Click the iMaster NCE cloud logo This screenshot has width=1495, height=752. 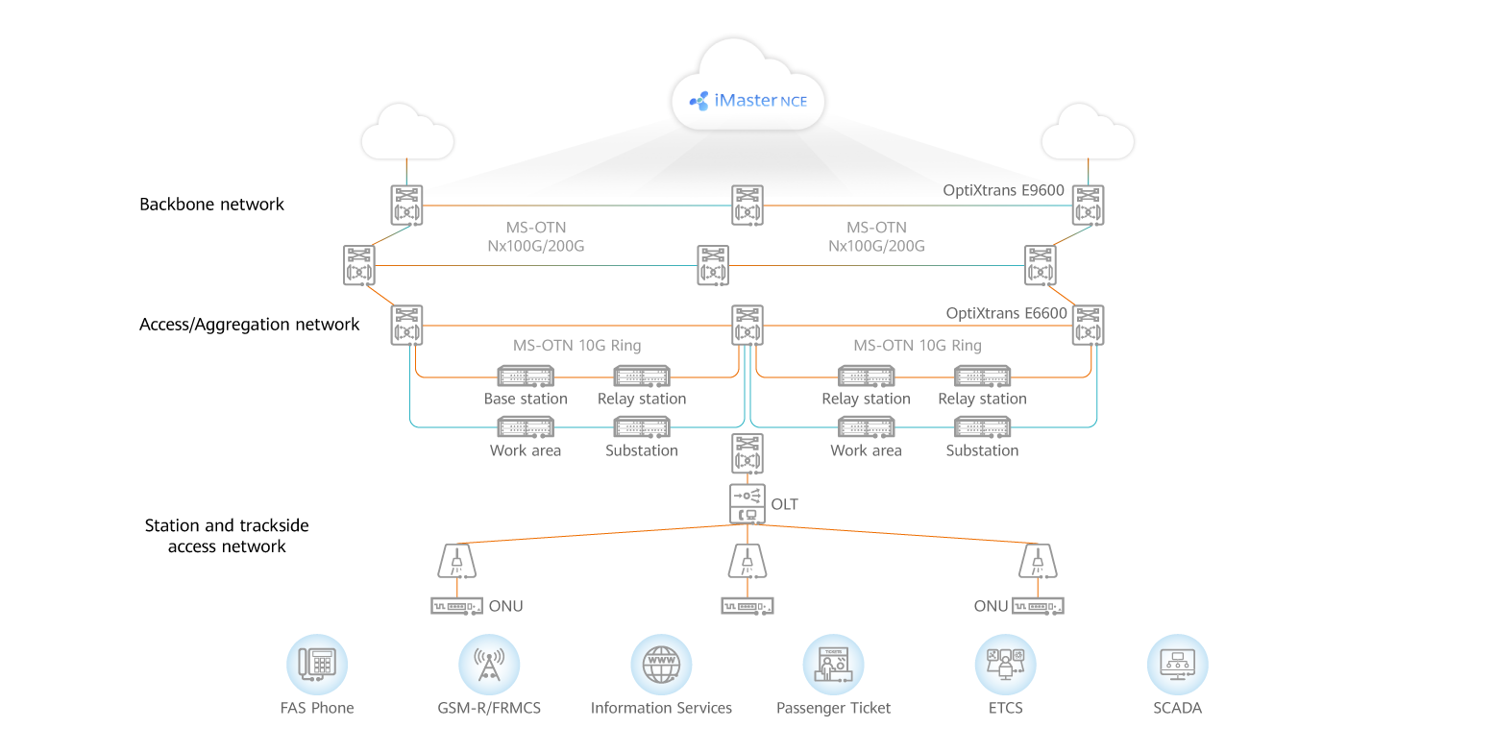coord(747,99)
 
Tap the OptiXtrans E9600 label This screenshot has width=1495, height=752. coord(1003,190)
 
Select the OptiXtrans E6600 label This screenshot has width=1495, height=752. coord(1006,313)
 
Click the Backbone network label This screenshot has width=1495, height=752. coord(211,204)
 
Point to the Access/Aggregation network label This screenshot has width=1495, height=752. coord(249,325)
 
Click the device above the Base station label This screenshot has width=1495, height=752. coord(526,376)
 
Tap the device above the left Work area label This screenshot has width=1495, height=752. coord(526,427)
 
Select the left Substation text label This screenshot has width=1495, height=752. coord(641,450)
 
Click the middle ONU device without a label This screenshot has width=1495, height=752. coord(747,606)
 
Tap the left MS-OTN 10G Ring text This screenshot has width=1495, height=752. coord(576,345)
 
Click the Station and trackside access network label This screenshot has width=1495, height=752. coord(227,536)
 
